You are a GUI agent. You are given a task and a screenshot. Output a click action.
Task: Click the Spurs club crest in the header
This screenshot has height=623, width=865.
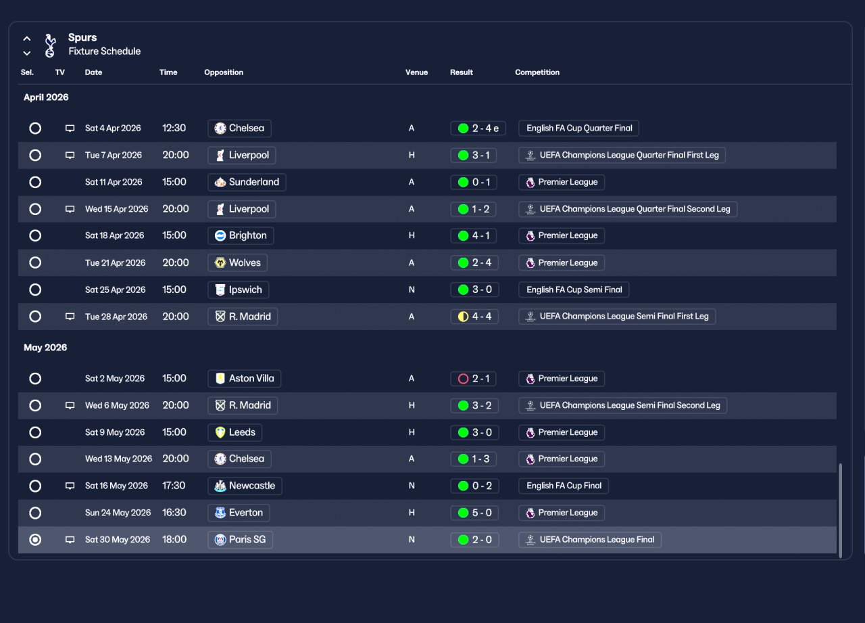pyautogui.click(x=50, y=45)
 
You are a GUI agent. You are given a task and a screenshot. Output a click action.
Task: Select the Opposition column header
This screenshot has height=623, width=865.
pyautogui.click(x=224, y=72)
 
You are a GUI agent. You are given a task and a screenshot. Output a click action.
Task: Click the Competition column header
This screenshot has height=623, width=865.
pyautogui.click(x=537, y=72)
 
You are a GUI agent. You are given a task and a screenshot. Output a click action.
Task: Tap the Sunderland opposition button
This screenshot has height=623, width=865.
pyautogui.click(x=247, y=182)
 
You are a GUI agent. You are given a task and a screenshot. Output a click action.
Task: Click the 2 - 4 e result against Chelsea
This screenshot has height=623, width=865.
pyautogui.click(x=478, y=129)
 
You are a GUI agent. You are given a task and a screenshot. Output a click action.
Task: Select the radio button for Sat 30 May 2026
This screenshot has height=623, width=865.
pyautogui.click(x=35, y=540)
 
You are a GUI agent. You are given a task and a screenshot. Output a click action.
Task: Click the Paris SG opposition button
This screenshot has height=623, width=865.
pyautogui.click(x=240, y=540)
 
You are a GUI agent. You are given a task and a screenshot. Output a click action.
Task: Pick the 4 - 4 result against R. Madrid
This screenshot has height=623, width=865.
pyautogui.click(x=474, y=317)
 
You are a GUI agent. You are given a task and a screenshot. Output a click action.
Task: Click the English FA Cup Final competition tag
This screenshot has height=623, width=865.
pyautogui.click(x=564, y=486)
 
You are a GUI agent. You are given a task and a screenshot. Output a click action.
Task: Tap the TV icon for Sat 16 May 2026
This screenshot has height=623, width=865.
pyautogui.click(x=70, y=486)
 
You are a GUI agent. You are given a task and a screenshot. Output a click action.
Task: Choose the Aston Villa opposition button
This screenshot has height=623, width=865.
pyautogui.click(x=244, y=378)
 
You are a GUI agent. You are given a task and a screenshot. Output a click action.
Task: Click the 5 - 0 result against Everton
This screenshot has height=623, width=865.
pyautogui.click(x=474, y=513)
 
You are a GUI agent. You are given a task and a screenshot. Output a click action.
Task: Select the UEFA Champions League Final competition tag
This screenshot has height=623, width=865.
pyautogui.click(x=590, y=540)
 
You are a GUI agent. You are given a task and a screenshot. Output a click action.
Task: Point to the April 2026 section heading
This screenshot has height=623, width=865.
pyautogui.click(x=46, y=97)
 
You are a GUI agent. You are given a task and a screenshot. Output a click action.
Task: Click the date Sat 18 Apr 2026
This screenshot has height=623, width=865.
pyautogui.click(x=114, y=235)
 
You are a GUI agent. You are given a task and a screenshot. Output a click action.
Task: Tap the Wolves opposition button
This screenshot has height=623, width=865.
pyautogui.click(x=237, y=263)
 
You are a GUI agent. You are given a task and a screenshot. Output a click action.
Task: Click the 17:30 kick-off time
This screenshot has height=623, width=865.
pyautogui.click(x=174, y=486)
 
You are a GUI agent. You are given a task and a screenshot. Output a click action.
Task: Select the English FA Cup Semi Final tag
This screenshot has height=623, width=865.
pyautogui.click(x=574, y=290)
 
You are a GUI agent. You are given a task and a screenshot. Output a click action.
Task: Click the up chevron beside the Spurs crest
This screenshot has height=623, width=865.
pyautogui.click(x=26, y=39)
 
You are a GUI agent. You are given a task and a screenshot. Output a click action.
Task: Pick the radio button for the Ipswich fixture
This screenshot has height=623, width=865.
pyautogui.click(x=35, y=290)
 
